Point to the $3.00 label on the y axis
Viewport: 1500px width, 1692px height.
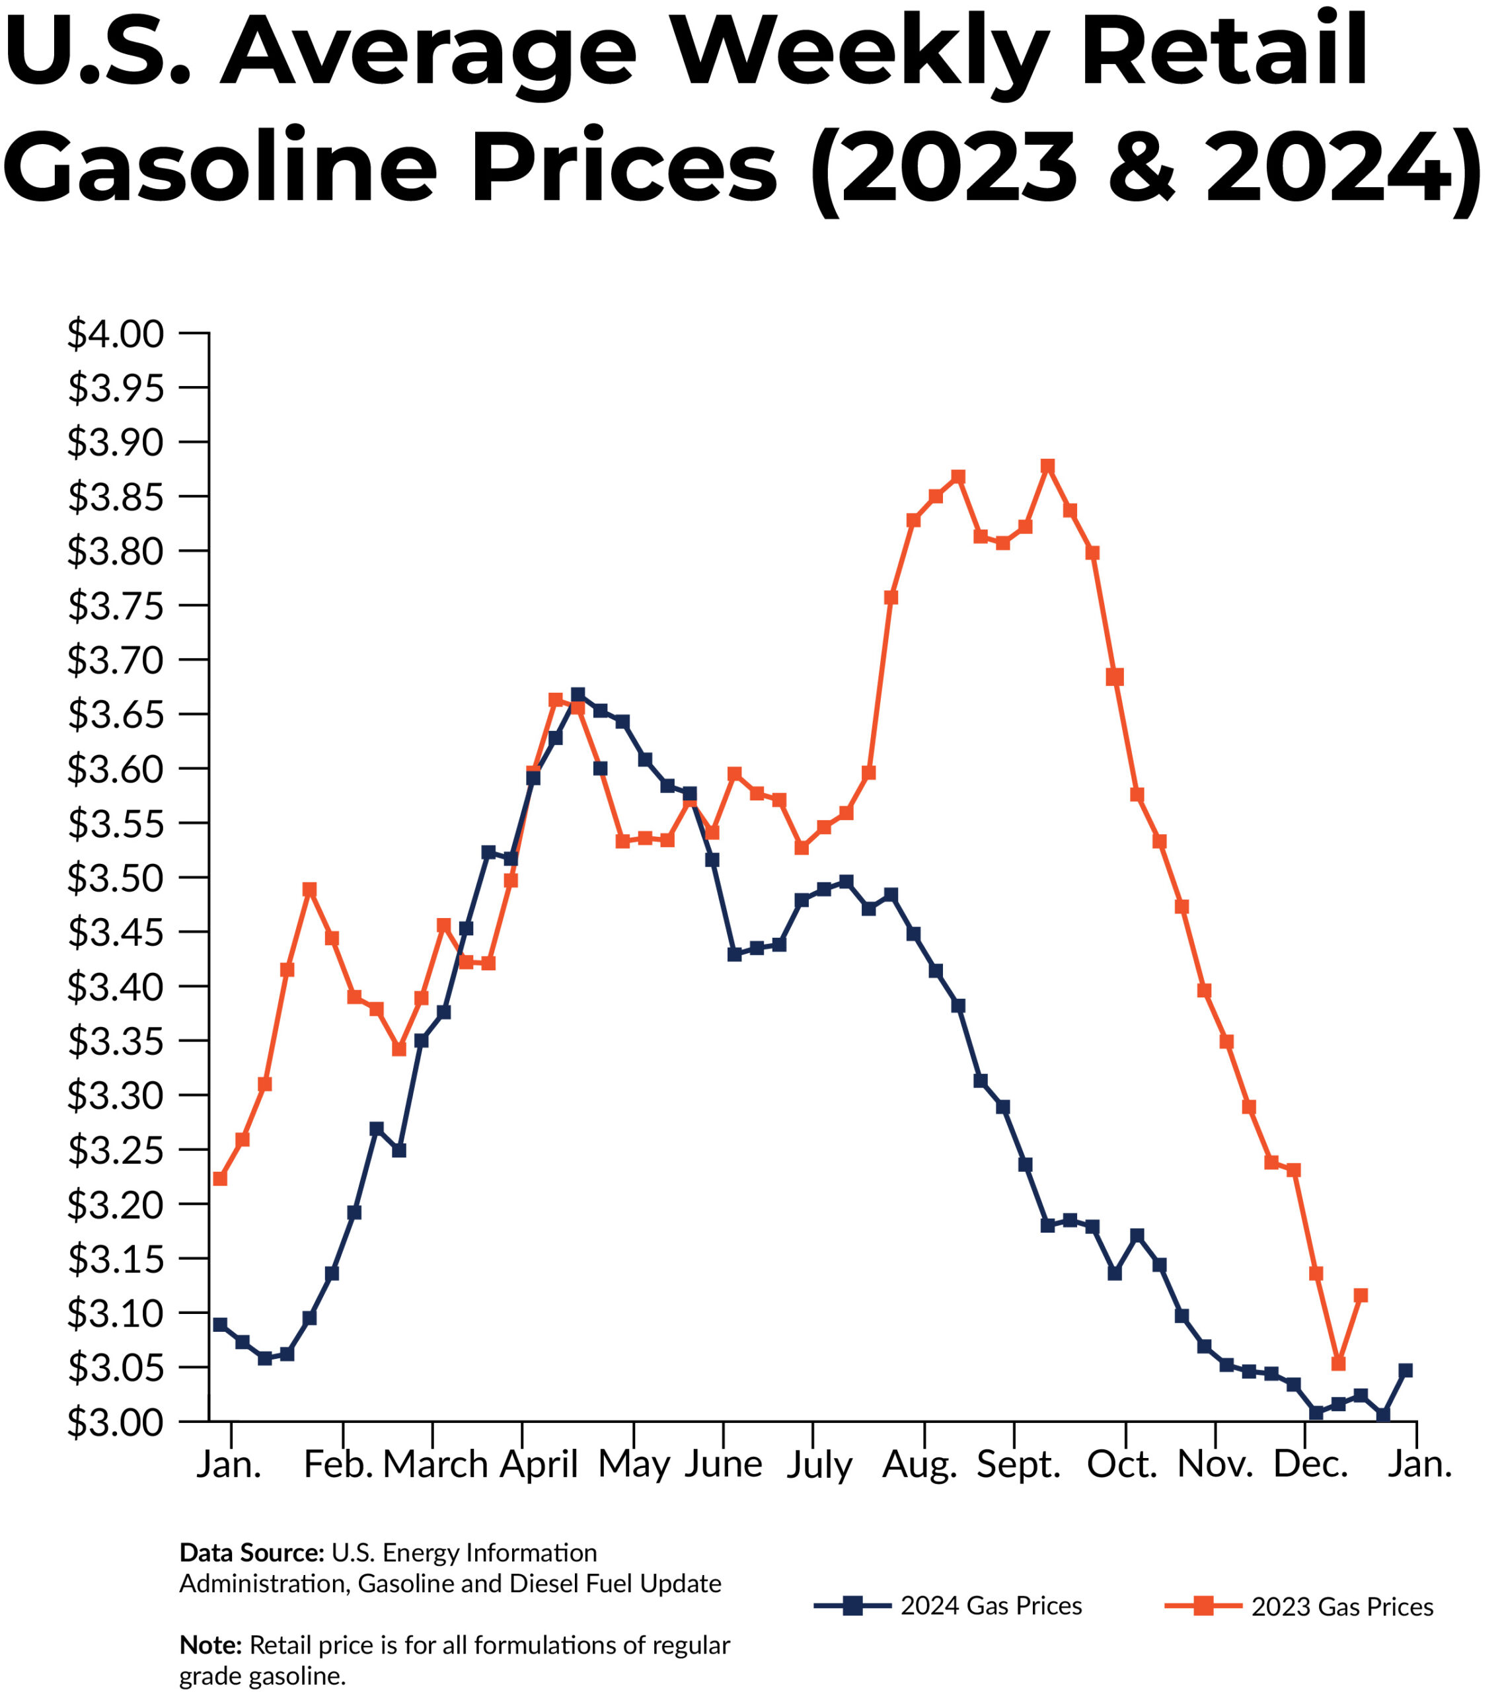116,1423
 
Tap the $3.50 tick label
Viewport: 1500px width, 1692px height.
116,879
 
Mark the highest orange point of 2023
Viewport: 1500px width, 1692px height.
1047,466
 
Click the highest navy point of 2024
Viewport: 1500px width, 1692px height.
578,694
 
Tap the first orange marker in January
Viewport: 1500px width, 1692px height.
219,1178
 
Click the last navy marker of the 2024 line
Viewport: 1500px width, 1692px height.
1406,1371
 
